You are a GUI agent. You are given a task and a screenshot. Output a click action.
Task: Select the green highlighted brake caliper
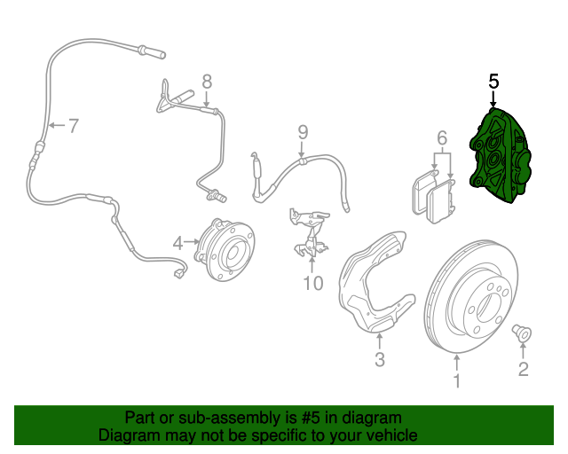tap(501, 158)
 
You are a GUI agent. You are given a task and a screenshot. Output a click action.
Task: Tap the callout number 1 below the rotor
tap(457, 381)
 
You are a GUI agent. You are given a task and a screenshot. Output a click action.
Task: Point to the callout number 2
tap(523, 369)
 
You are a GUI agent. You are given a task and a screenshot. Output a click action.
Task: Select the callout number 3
tap(379, 359)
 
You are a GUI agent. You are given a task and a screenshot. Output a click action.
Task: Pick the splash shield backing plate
tap(373, 284)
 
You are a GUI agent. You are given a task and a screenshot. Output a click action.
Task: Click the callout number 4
tap(178, 242)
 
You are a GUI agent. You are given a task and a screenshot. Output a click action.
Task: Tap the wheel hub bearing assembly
tap(225, 249)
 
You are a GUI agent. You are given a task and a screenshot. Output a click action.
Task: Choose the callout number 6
tap(441, 137)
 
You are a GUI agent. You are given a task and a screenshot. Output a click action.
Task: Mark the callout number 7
tap(73, 126)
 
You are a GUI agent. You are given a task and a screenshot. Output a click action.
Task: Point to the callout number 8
tap(207, 82)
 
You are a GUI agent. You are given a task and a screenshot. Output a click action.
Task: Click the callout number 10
tap(312, 284)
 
